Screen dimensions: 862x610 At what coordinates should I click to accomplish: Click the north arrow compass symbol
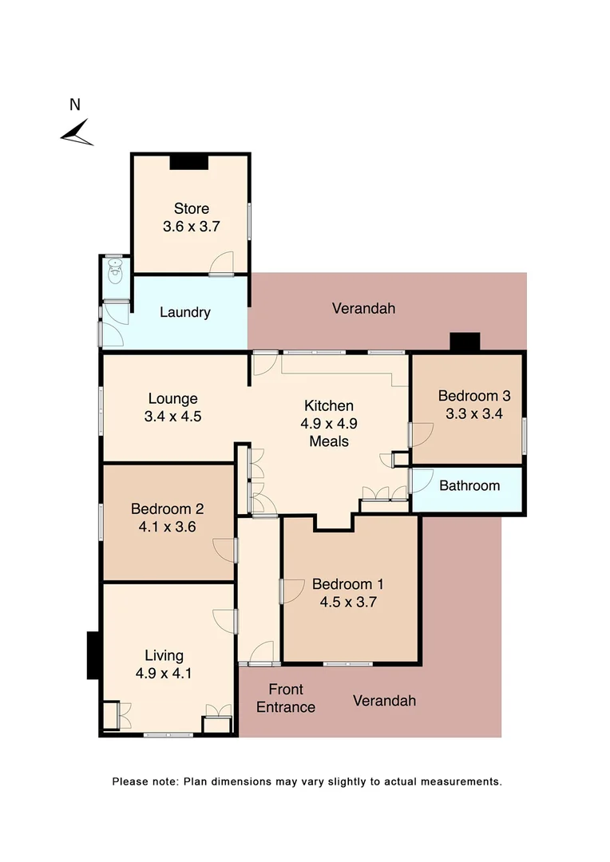[77, 132]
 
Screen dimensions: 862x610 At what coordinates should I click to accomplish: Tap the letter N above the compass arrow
[75, 105]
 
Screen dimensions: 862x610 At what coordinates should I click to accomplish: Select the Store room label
[191, 209]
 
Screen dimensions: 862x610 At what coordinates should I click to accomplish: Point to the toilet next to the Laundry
[116, 275]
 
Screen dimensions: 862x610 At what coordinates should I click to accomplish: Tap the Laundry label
[185, 312]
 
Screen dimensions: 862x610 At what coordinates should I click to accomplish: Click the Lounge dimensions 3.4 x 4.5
[172, 415]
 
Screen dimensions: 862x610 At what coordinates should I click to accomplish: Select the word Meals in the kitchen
[329, 441]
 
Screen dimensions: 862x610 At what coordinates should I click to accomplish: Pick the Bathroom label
[469, 485]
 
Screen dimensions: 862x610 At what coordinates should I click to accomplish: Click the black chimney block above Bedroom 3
[465, 342]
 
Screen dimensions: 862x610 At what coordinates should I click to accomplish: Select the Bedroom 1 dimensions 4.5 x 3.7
[347, 602]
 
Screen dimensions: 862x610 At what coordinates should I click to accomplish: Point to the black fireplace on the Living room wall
[93, 655]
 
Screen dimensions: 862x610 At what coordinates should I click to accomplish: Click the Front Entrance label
[286, 698]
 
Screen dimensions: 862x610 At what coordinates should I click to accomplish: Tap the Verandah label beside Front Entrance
[384, 701]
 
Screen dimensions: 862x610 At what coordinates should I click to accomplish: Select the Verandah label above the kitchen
[363, 308]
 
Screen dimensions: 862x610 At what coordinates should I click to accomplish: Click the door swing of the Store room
[223, 263]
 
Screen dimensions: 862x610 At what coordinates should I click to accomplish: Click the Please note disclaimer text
[307, 781]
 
